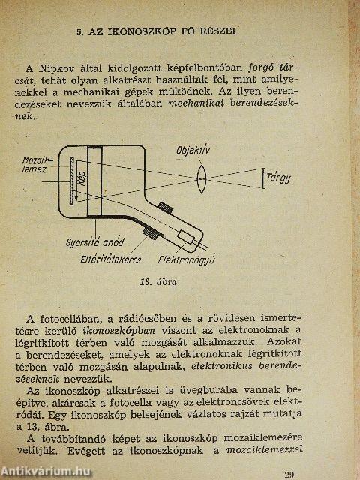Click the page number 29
[x=290, y=473]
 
